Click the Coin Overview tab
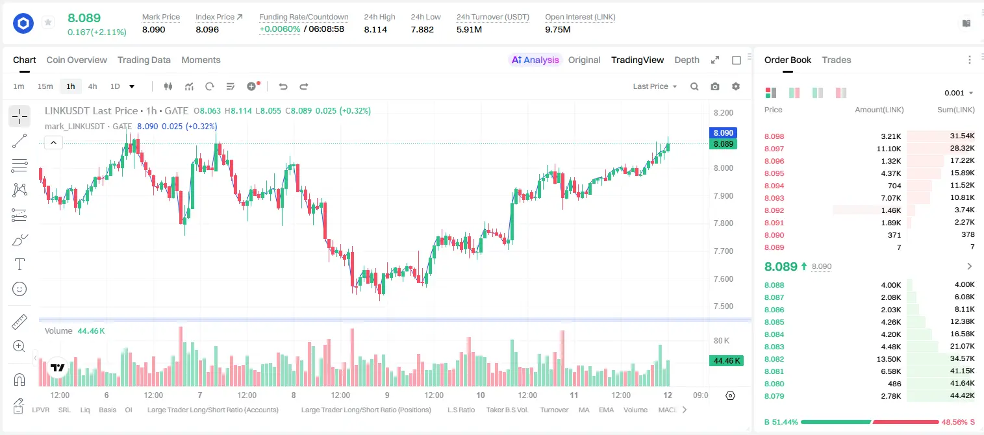pyautogui.click(x=77, y=60)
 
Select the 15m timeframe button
pyautogui.click(x=45, y=86)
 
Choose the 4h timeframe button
pyautogui.click(x=92, y=86)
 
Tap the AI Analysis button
pyautogui.click(x=535, y=60)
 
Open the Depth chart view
pyautogui.click(x=687, y=60)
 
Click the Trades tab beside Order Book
pyautogui.click(x=837, y=60)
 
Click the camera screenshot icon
pyautogui.click(x=715, y=86)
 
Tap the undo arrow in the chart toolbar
pyautogui.click(x=283, y=86)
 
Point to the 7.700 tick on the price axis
pyautogui.click(x=723, y=251)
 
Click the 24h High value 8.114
pyautogui.click(x=375, y=29)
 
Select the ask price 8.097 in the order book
pyautogui.click(x=774, y=149)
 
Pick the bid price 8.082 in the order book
pyautogui.click(x=774, y=359)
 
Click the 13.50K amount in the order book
pyautogui.click(x=889, y=359)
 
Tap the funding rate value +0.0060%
pyautogui.click(x=279, y=29)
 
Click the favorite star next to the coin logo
pyautogui.click(x=48, y=22)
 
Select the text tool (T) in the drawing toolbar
pyautogui.click(x=19, y=264)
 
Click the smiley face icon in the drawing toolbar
pyautogui.click(x=19, y=289)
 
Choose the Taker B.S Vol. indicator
pyautogui.click(x=507, y=410)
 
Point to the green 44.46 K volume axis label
pyautogui.click(x=726, y=361)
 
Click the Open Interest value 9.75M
pyautogui.click(x=557, y=29)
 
